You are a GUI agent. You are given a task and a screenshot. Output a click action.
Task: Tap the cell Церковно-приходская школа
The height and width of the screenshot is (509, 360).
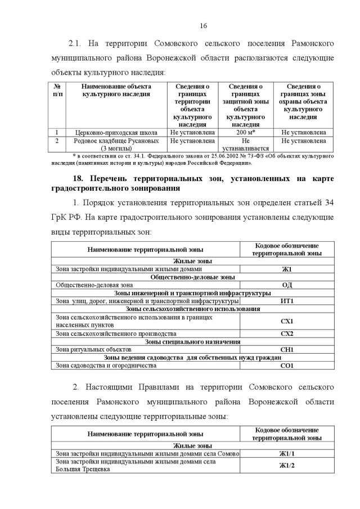[116, 133]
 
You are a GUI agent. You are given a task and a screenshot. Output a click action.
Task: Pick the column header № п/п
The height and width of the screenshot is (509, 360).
[57, 91]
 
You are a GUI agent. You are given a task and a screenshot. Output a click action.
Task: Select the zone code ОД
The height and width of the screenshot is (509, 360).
[287, 285]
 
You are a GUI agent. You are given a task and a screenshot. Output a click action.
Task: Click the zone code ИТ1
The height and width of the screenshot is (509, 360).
[287, 301]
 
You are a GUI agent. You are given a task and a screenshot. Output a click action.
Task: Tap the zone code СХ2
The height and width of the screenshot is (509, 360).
[287, 334]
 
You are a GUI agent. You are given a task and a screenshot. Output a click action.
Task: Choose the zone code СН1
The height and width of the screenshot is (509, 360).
[287, 349]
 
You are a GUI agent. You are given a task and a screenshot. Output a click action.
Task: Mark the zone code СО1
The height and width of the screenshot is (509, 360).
[287, 366]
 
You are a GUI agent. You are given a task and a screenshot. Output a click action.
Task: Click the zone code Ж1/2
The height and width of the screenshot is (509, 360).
[287, 465]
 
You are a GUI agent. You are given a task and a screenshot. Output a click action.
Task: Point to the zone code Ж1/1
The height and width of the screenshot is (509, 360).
[287, 453]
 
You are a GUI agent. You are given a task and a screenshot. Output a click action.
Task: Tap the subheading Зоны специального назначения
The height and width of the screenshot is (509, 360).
[192, 341]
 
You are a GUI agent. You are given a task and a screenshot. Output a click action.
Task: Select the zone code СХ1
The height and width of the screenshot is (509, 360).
[287, 321]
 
